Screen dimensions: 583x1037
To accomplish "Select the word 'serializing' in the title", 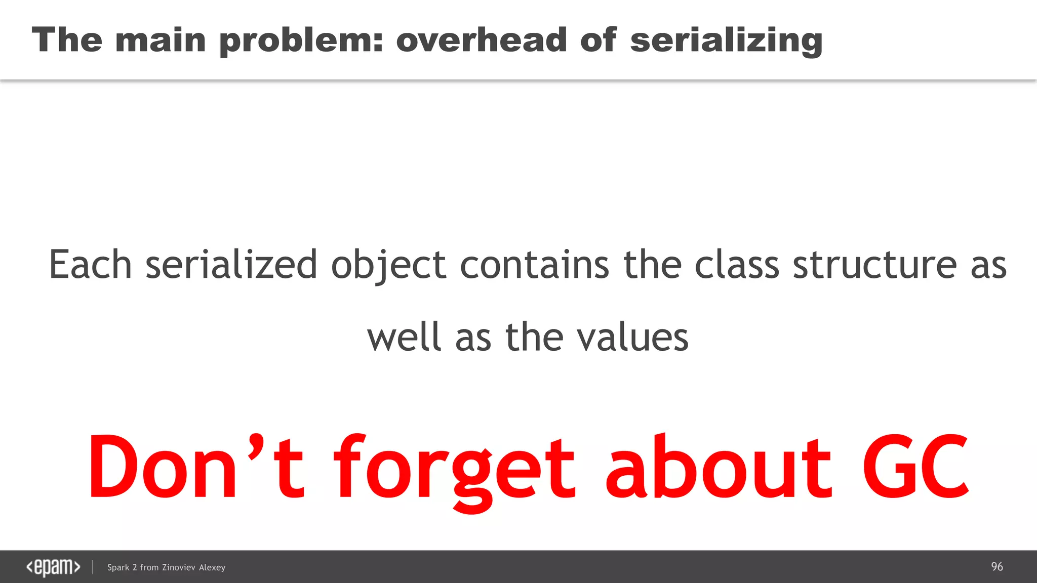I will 726,40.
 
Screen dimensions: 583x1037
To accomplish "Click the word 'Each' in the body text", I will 90,264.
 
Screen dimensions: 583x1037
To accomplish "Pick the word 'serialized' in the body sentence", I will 231,264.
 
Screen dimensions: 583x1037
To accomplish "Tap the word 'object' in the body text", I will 388,265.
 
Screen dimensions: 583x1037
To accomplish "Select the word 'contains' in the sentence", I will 534,264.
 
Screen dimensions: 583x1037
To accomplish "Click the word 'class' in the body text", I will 736,264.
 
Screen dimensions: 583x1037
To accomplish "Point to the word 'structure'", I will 874,264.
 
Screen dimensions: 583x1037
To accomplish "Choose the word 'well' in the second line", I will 404,337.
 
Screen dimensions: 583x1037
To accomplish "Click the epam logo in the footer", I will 53,567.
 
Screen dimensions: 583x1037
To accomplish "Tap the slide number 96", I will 996,567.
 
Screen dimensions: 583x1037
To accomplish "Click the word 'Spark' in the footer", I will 118,567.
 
